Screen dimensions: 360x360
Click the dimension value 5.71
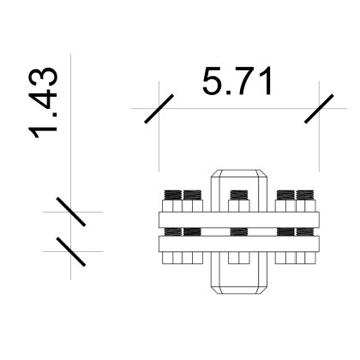click(x=237, y=82)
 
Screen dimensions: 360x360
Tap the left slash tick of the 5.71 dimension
click(x=160, y=109)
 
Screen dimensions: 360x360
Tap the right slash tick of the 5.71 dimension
click(x=319, y=109)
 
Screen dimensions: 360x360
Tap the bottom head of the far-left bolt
click(x=171, y=257)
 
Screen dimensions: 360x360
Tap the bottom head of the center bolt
click(x=239, y=256)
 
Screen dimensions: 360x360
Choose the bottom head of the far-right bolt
click(x=306, y=257)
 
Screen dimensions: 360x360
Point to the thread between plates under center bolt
click(x=239, y=231)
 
